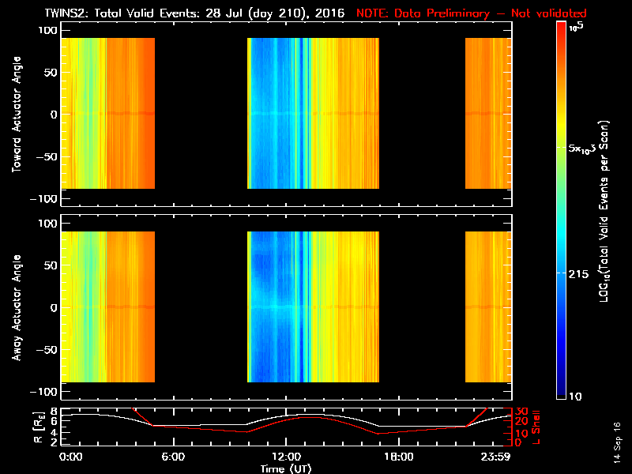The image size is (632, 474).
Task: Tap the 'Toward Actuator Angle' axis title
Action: click(x=16, y=115)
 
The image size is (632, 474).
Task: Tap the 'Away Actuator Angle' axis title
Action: click(x=16, y=308)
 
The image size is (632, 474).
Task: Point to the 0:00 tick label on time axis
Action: click(x=71, y=457)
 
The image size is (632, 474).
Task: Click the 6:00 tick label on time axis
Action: click(x=174, y=457)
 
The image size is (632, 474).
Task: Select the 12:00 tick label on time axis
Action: click(x=285, y=457)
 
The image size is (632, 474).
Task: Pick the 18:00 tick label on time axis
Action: click(x=397, y=457)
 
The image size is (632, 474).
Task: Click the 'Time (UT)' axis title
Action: click(x=286, y=468)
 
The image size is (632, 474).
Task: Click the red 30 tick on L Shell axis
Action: click(x=521, y=411)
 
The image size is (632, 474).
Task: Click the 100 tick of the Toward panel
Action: click(x=48, y=29)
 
